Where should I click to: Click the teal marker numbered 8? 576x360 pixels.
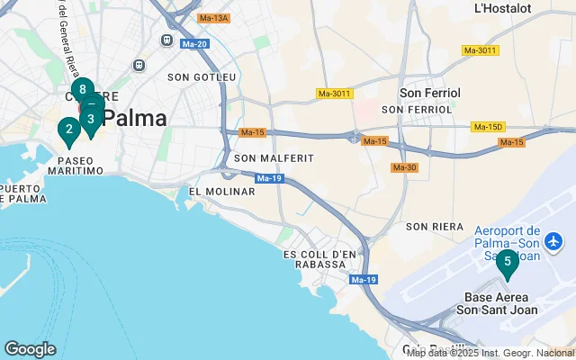point(82,90)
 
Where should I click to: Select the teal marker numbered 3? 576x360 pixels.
point(91,119)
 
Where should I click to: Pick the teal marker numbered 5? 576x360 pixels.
point(508,263)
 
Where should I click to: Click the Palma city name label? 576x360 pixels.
point(134,118)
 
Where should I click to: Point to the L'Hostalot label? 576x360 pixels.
point(502,9)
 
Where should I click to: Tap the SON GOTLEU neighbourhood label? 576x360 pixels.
point(202,77)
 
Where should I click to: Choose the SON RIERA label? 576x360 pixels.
point(434,226)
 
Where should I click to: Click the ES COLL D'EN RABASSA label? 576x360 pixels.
point(315,263)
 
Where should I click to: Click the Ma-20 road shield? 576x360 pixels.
point(194,44)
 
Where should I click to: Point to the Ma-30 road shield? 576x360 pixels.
point(403,167)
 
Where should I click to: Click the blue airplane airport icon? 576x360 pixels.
point(553,241)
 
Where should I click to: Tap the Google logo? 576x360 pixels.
point(30,349)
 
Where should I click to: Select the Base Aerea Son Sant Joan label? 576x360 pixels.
point(500,303)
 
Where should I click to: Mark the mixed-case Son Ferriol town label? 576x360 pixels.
point(430,93)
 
